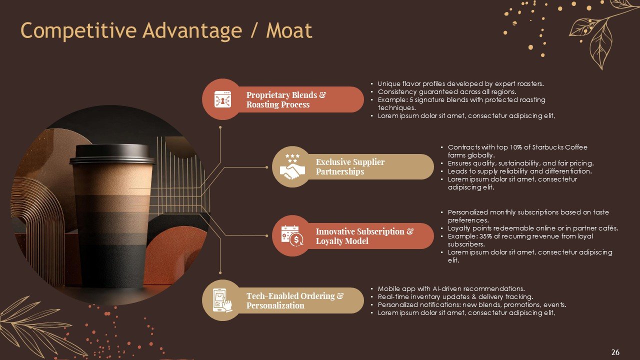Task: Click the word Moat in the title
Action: pos(289,30)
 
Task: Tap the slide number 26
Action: pos(615,352)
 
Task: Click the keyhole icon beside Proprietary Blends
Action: pos(222,99)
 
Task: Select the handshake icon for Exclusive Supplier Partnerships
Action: pos(292,166)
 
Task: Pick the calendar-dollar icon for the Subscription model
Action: pos(292,235)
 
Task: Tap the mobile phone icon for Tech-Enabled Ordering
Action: pos(222,300)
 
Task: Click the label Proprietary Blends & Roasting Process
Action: pos(286,99)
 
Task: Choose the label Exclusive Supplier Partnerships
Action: pos(350,166)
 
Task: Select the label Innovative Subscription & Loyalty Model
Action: pos(364,236)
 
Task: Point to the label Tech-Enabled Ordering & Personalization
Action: pos(295,300)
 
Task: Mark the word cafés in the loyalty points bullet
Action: pos(608,228)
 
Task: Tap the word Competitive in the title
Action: pos(78,30)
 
